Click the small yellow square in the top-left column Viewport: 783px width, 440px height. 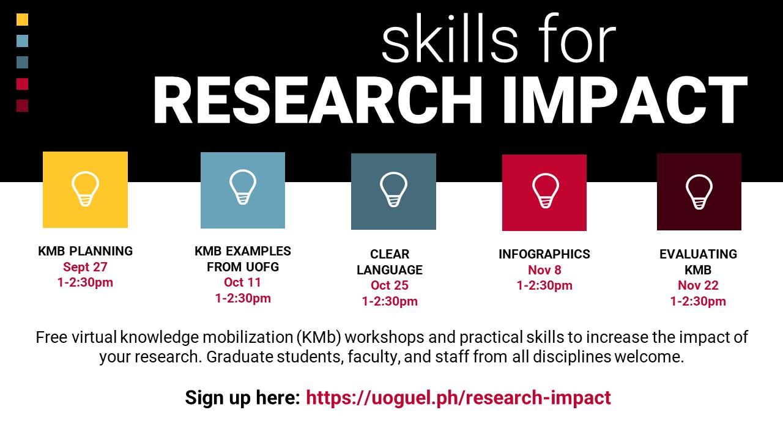tap(23, 20)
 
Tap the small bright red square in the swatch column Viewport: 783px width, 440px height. tap(23, 84)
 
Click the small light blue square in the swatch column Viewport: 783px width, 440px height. tap(23, 41)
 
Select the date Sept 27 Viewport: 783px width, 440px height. tap(85, 267)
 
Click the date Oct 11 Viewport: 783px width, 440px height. tap(243, 282)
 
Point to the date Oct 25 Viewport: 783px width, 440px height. tap(390, 285)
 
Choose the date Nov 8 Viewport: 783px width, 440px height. tap(544, 270)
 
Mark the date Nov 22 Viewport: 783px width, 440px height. tap(698, 285)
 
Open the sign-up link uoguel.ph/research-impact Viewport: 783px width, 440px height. tap(458, 398)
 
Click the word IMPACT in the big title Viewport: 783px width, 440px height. tap(626, 100)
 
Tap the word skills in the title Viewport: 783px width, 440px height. tap(450, 38)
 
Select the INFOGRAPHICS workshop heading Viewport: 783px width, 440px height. tap(544, 254)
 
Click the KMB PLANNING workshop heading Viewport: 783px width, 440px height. tap(85, 251)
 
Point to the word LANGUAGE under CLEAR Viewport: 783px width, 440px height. tap(390, 270)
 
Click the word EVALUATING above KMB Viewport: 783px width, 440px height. tap(698, 254)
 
